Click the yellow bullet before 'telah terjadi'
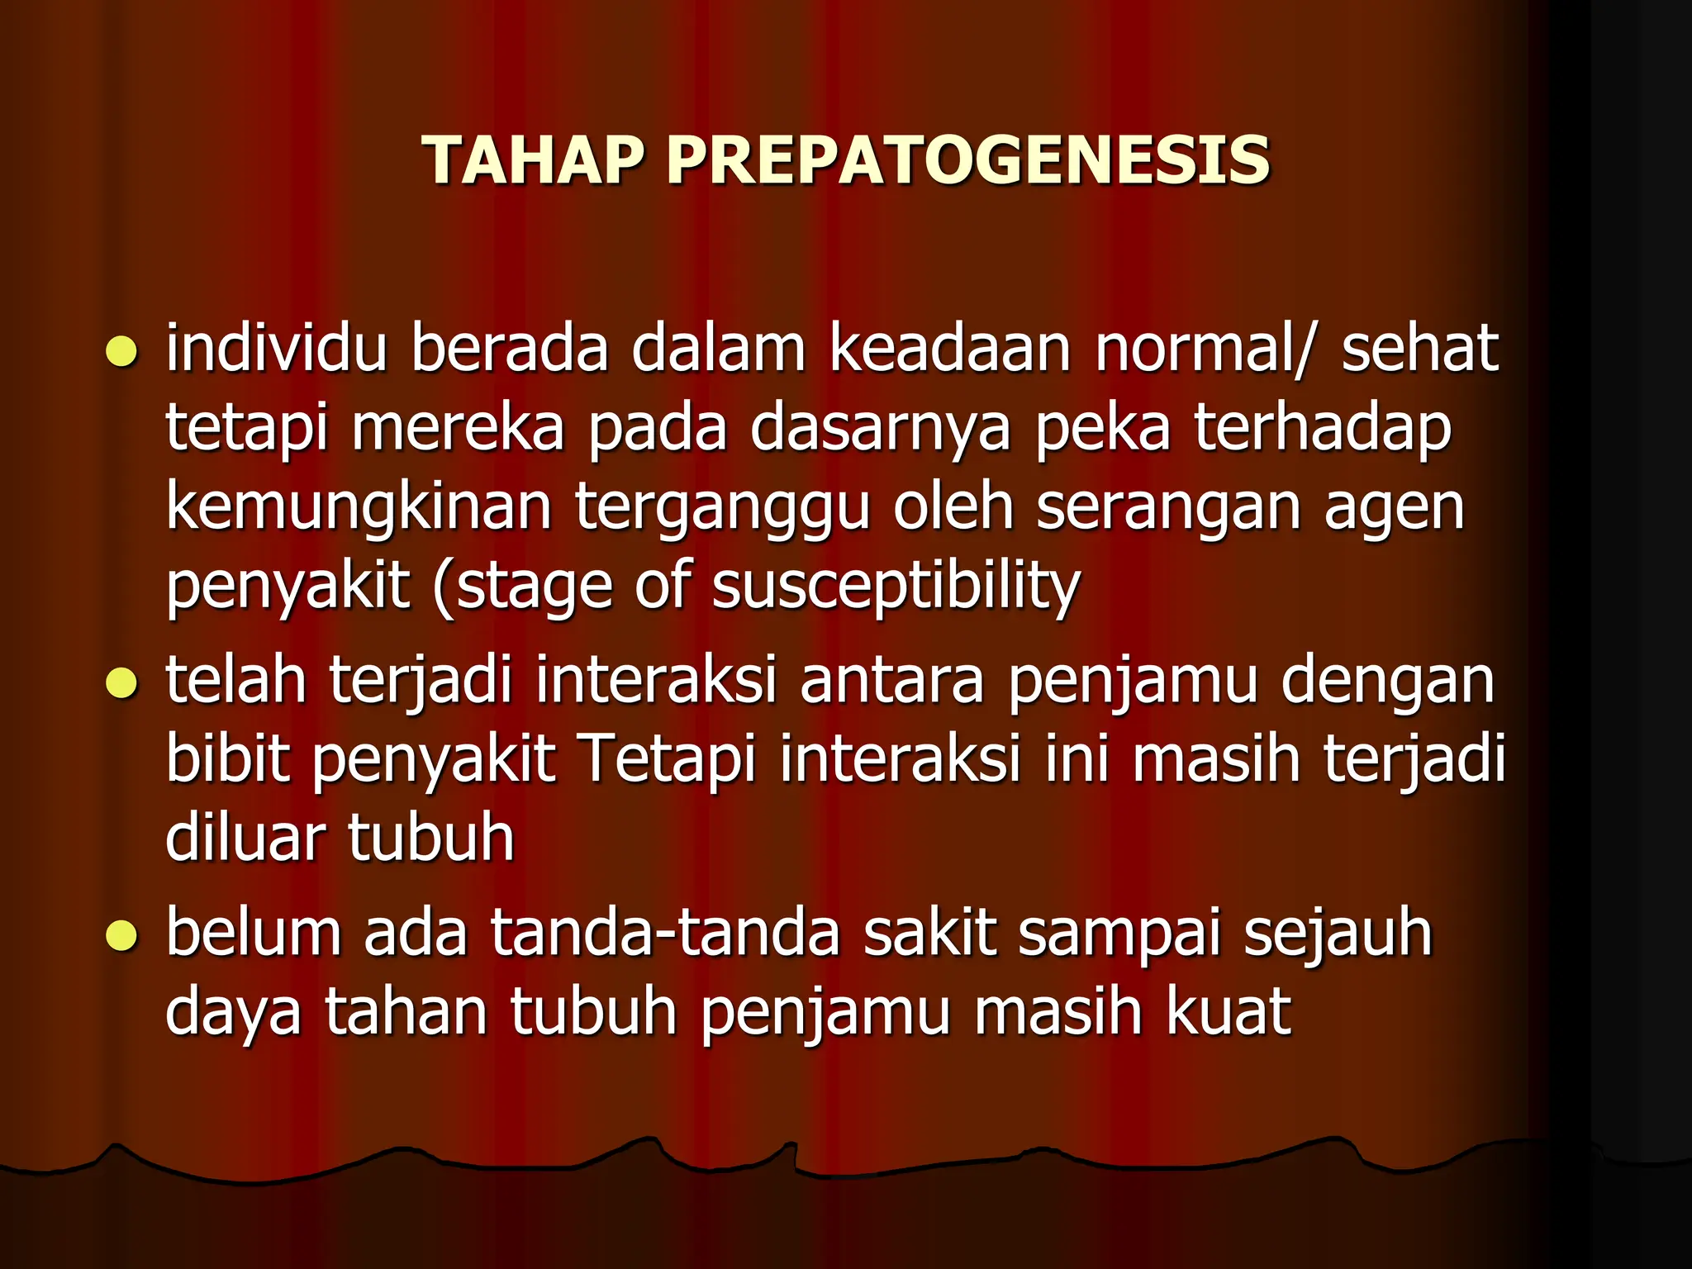pyautogui.click(x=121, y=683)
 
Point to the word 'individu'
pyautogui.click(x=276, y=349)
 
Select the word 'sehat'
pyautogui.click(x=1419, y=349)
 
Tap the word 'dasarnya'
pyautogui.click(x=880, y=430)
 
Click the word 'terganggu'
pyautogui.click(x=722, y=509)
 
